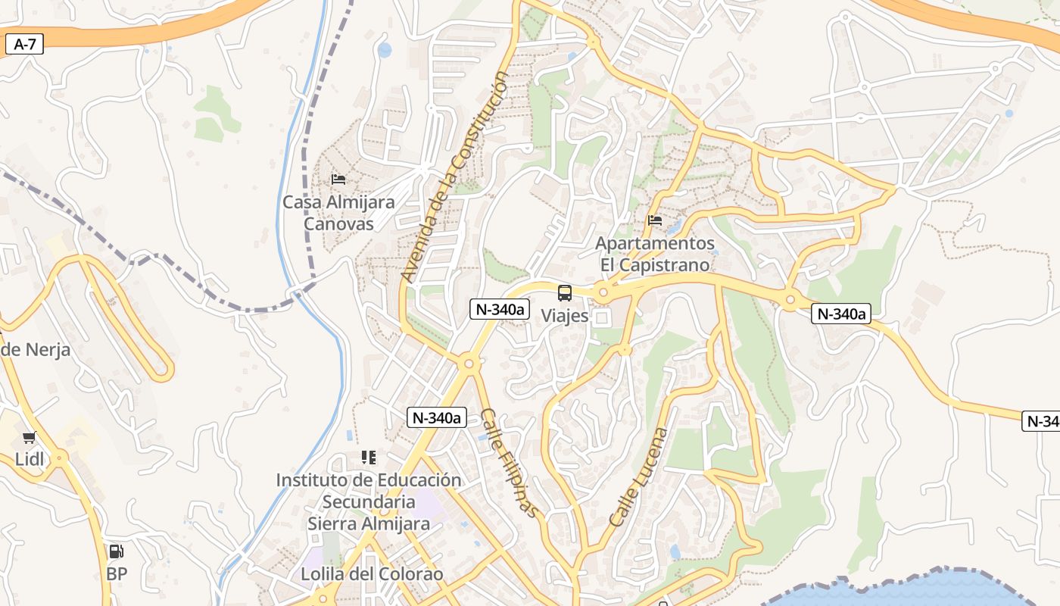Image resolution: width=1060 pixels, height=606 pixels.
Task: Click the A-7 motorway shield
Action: pyautogui.click(x=25, y=44)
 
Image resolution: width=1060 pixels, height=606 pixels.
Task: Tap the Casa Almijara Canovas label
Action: pyautogui.click(x=338, y=213)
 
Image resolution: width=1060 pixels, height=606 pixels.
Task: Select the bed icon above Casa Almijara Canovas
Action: pyautogui.click(x=338, y=180)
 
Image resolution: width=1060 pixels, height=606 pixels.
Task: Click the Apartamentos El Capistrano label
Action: pyautogui.click(x=655, y=254)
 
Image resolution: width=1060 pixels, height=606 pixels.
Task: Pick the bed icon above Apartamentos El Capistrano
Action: pyautogui.click(x=655, y=220)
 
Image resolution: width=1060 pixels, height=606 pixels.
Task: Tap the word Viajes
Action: pyautogui.click(x=565, y=316)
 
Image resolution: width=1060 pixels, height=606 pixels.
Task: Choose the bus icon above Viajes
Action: pyautogui.click(x=565, y=293)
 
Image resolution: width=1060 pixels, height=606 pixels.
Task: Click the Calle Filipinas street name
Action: pyautogui.click(x=513, y=464)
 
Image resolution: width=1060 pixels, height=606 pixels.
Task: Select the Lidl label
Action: pyautogui.click(x=30, y=459)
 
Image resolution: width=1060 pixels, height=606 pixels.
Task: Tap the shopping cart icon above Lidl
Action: pyautogui.click(x=30, y=437)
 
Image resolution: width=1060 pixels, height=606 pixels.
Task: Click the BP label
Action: pyautogui.click(x=117, y=574)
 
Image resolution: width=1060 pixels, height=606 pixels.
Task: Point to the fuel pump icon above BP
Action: pyautogui.click(x=116, y=551)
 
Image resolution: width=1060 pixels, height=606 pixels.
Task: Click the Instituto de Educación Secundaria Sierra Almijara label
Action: pyautogui.click(x=369, y=501)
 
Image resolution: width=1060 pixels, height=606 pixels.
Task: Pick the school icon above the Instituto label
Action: pyautogui.click(x=369, y=458)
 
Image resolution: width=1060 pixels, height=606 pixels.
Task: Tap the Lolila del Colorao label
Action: pyautogui.click(x=372, y=573)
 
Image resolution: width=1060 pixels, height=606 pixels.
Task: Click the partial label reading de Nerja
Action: pyautogui.click(x=36, y=350)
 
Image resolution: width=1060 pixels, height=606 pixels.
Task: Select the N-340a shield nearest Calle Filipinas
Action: pyautogui.click(x=436, y=417)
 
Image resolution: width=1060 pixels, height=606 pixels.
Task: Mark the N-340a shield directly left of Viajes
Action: pyautogui.click(x=499, y=308)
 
